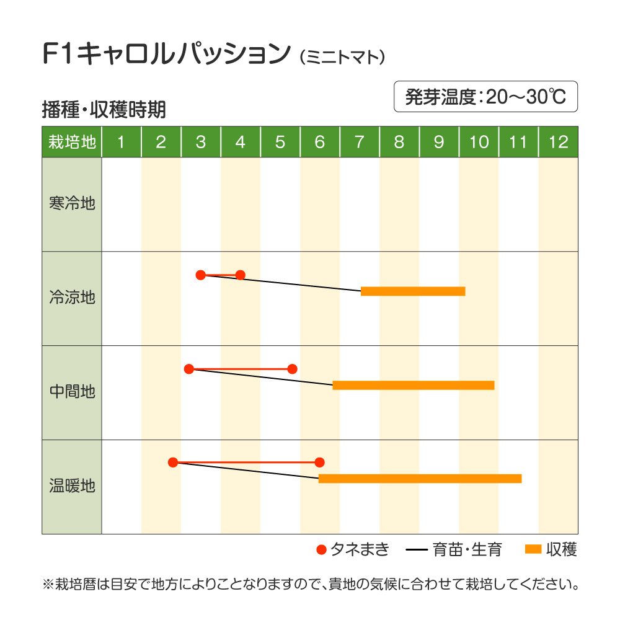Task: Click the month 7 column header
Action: click(360, 142)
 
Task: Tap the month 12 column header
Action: click(558, 142)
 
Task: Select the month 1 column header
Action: click(122, 142)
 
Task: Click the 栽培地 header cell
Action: click(72, 142)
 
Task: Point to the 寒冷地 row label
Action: click(72, 203)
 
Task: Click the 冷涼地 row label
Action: click(72, 298)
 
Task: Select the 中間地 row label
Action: click(72, 392)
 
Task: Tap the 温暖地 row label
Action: click(72, 485)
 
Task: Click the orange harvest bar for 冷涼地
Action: click(413, 291)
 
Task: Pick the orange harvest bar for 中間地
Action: click(414, 385)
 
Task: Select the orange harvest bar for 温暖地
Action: click(420, 478)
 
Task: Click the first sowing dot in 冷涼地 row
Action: click(200, 275)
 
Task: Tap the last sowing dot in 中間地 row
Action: click(293, 369)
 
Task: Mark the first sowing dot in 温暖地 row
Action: click(173, 462)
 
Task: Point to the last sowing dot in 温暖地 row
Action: click(319, 462)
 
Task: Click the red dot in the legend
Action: click(321, 549)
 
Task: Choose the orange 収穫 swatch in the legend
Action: click(533, 549)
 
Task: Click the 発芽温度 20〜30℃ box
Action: click(485, 97)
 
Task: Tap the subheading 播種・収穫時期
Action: click(104, 110)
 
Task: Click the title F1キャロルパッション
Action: click(166, 55)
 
